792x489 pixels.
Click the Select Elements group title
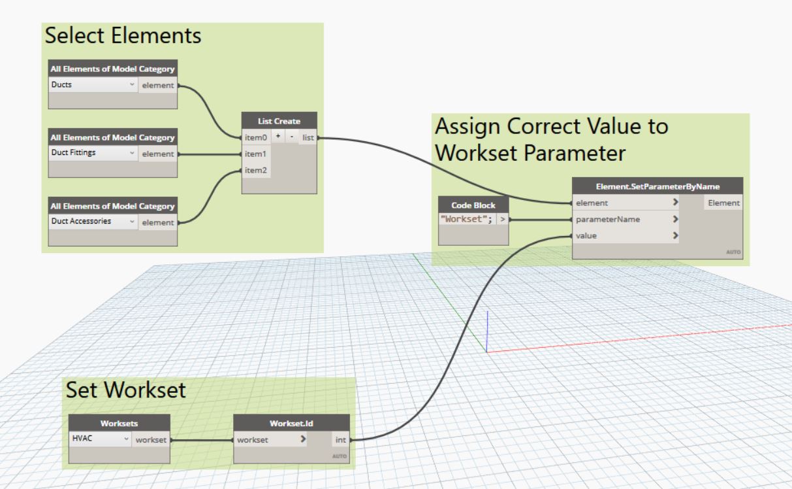coord(123,37)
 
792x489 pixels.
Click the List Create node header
coord(279,121)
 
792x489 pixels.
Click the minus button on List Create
coord(291,137)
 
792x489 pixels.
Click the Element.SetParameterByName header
coord(657,186)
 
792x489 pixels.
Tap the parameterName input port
coord(607,220)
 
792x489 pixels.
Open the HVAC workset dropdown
coord(100,440)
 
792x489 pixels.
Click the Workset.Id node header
coord(291,423)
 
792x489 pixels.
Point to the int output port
coord(340,440)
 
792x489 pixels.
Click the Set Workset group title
coord(126,391)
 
